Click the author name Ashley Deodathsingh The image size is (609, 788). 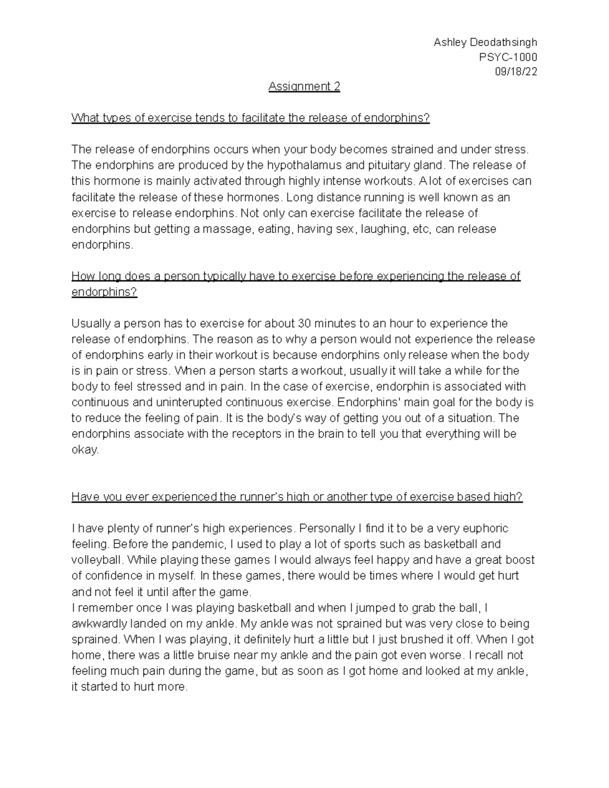tap(485, 42)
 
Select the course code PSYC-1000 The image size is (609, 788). tap(508, 57)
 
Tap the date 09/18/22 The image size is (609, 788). tap(516, 72)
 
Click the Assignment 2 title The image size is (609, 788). tap(304, 87)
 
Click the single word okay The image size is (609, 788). tap(85, 450)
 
